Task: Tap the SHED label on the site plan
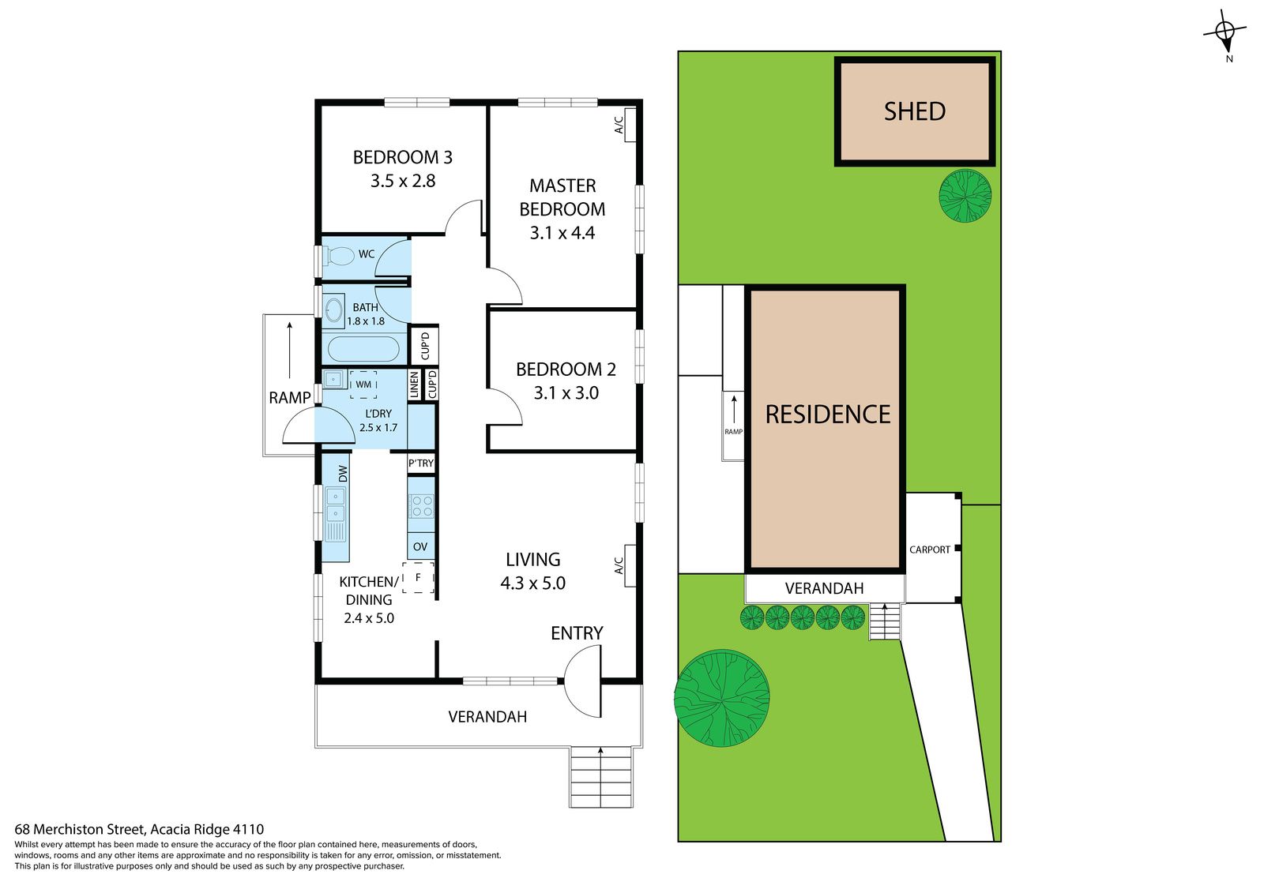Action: pyautogui.click(x=915, y=111)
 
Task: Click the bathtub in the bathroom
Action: pyautogui.click(x=363, y=349)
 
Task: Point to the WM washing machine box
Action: pyautogui.click(x=363, y=385)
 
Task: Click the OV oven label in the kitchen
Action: pyautogui.click(x=420, y=546)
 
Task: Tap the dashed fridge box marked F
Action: pyautogui.click(x=418, y=577)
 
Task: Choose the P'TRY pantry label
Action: pyautogui.click(x=421, y=463)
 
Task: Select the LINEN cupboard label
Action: pyautogui.click(x=414, y=385)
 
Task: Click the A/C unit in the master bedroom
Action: pyautogui.click(x=630, y=125)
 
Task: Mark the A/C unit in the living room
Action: pyautogui.click(x=630, y=565)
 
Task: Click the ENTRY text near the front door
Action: pyautogui.click(x=577, y=633)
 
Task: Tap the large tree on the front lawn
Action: pyautogui.click(x=722, y=699)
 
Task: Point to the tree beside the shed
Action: pyautogui.click(x=965, y=196)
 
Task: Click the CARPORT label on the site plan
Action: pyautogui.click(x=930, y=550)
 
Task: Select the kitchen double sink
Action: pyautogui.click(x=335, y=505)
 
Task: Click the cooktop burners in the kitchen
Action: pyautogui.click(x=422, y=506)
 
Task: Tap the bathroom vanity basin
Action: pyautogui.click(x=334, y=310)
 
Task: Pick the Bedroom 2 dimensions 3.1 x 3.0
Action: pyautogui.click(x=566, y=392)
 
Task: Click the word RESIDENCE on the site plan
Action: pyautogui.click(x=828, y=415)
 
